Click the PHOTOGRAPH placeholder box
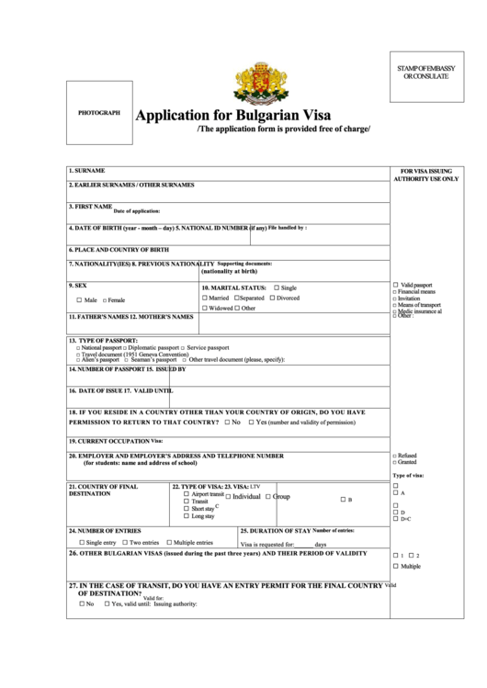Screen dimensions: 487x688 99,113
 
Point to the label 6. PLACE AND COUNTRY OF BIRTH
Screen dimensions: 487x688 119,249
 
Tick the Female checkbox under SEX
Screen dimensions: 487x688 105,300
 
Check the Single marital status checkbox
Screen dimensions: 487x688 275,288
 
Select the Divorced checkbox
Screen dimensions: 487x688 272,298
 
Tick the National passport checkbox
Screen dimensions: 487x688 77,348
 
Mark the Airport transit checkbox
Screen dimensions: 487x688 187,493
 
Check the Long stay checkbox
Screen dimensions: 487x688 187,516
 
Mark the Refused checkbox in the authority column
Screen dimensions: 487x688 394,456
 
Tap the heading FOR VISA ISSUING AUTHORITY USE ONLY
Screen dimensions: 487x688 425,175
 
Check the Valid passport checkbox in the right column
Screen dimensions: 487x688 395,285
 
